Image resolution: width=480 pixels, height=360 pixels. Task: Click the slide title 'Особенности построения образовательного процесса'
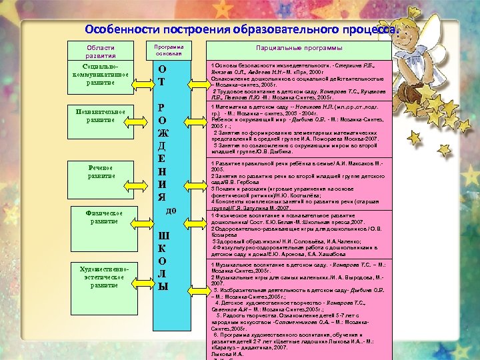243,30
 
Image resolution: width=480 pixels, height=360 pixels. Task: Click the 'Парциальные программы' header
299,49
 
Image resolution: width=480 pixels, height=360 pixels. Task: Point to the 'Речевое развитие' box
101,171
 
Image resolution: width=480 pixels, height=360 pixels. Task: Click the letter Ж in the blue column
163,133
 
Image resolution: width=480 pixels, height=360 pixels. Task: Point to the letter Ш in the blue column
163,235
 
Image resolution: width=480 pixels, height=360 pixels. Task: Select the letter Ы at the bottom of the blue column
163,287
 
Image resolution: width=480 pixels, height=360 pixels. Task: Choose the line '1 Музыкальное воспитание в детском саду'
293,265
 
